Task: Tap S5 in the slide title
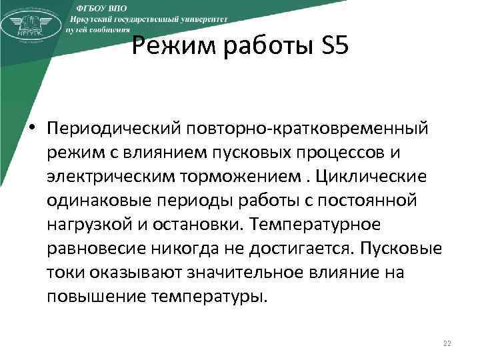click(x=329, y=49)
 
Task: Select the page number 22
click(x=447, y=343)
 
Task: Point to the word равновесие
click(x=98, y=247)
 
